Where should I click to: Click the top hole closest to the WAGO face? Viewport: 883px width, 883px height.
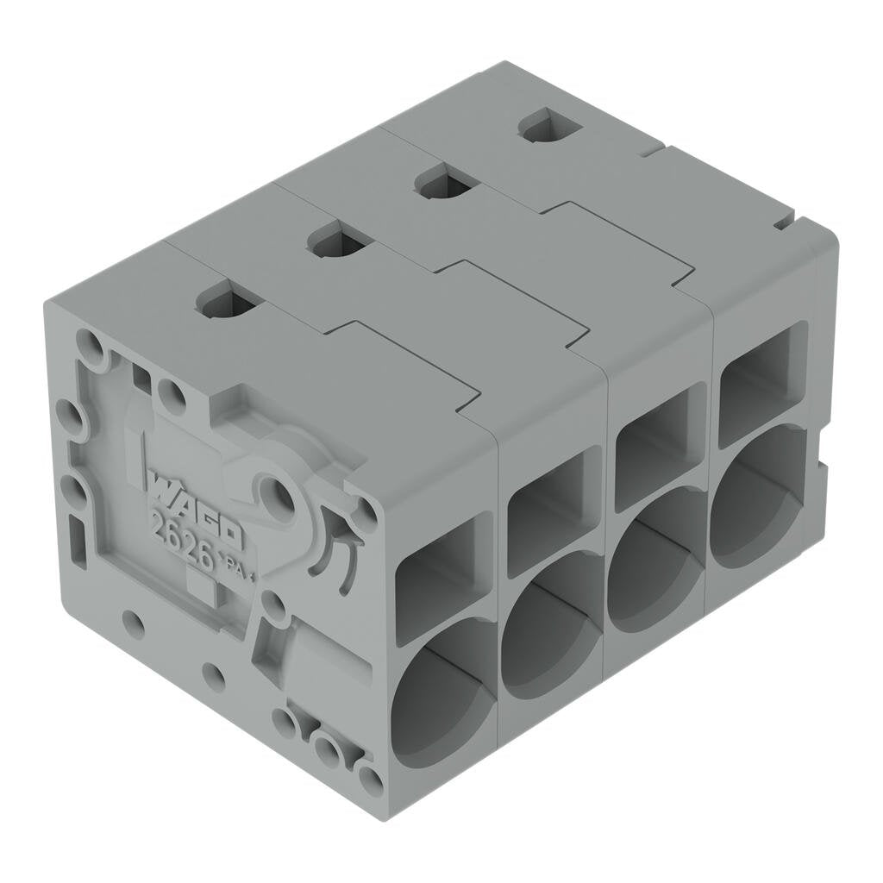[228, 301]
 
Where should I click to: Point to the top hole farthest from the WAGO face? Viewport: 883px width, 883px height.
[549, 126]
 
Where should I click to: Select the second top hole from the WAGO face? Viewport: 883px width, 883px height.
[339, 240]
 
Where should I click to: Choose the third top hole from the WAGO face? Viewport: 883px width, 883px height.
[446, 182]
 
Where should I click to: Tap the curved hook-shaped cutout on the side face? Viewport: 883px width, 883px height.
[334, 548]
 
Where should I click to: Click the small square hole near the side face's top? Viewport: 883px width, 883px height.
[141, 377]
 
